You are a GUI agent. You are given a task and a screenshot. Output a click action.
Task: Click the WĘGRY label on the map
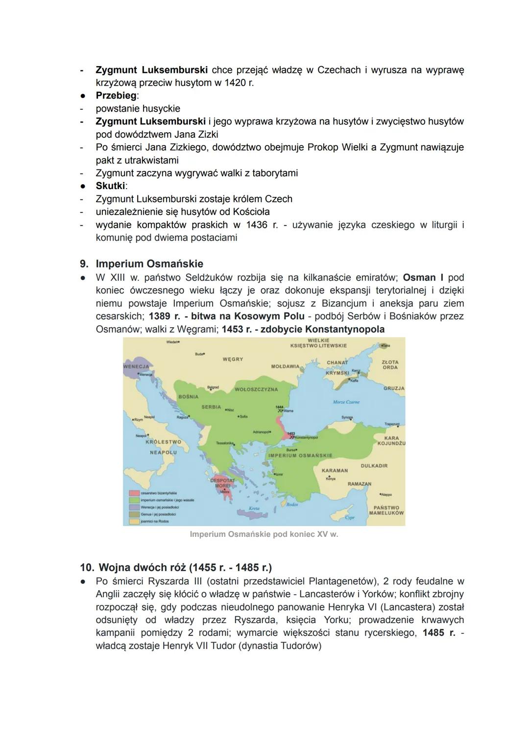233,359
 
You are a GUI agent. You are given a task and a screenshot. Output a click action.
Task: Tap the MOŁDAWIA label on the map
285,366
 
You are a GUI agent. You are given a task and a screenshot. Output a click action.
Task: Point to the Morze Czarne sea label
346,402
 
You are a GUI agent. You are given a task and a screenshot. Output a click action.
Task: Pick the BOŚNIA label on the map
189,396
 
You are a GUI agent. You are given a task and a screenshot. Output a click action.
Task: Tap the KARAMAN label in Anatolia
335,470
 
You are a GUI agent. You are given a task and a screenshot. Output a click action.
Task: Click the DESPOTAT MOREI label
223,483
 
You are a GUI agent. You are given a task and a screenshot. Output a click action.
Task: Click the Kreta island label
254,509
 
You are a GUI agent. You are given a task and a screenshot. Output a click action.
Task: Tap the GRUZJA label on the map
394,388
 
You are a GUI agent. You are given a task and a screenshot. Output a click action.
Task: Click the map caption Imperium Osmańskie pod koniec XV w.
264,534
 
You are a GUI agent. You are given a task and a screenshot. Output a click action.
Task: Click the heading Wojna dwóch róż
185,568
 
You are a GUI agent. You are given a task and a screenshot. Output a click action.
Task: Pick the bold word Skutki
111,186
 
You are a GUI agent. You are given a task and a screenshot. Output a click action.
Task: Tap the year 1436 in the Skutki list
257,225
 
